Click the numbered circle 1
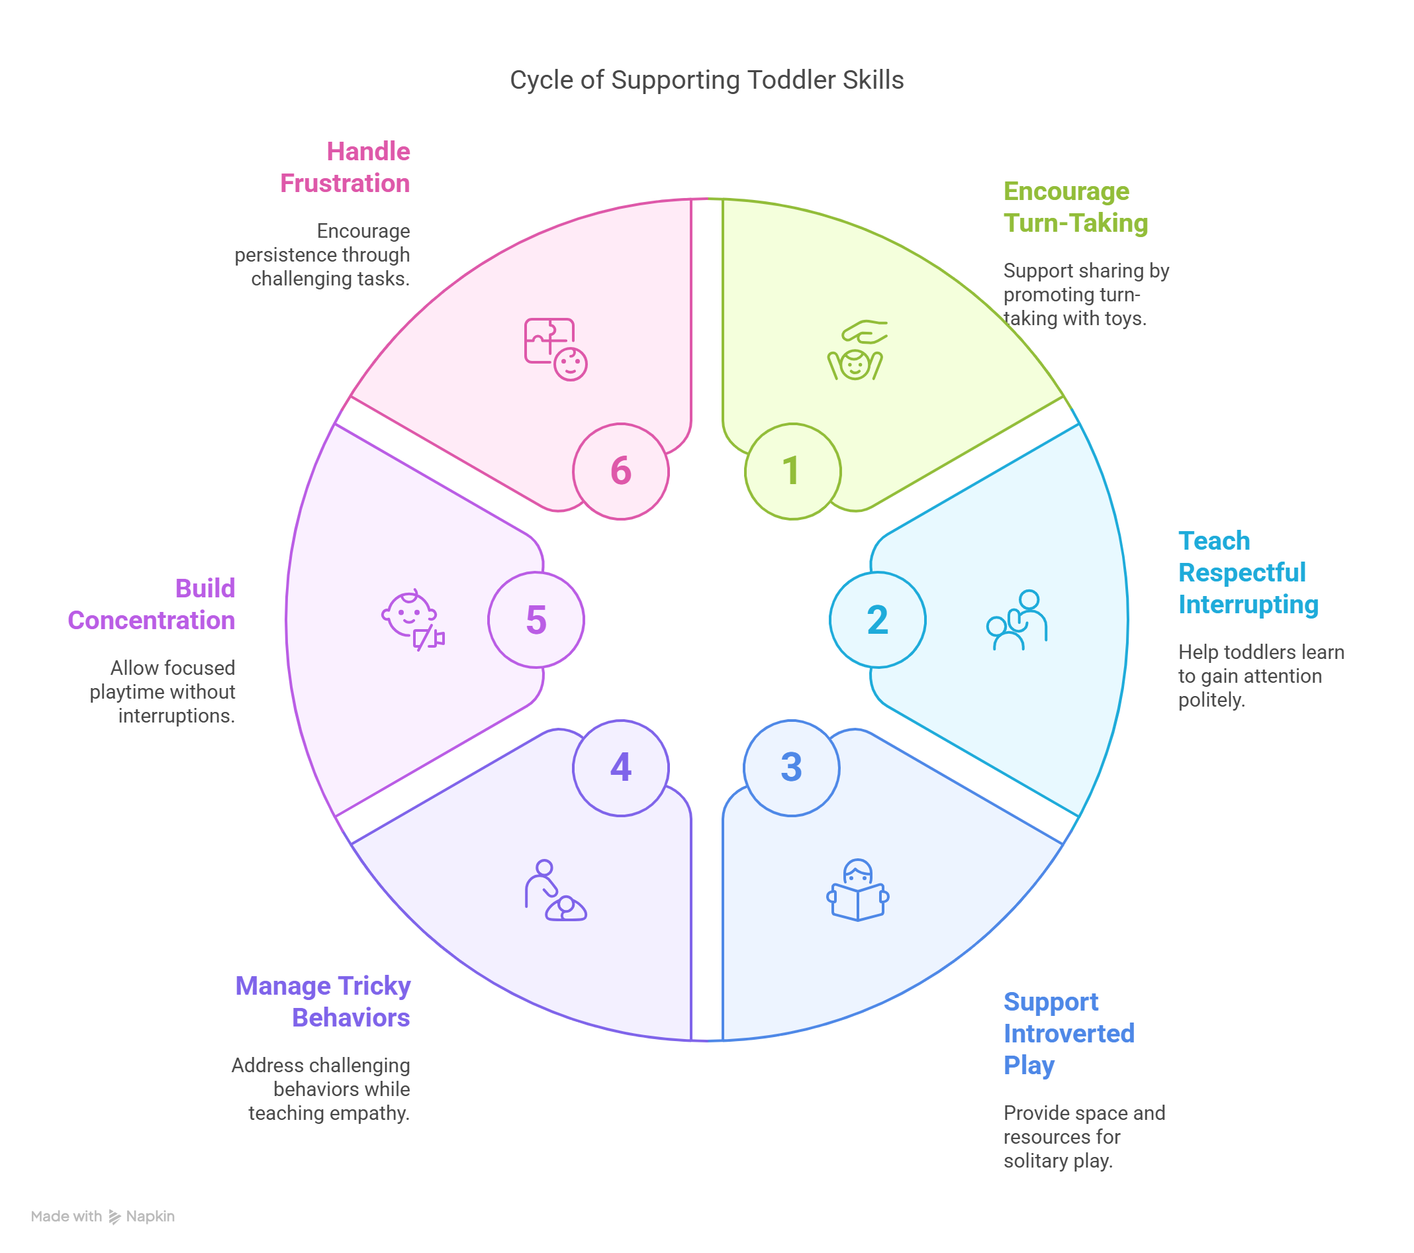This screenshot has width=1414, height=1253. [x=793, y=471]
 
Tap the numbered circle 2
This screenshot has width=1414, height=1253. [x=877, y=620]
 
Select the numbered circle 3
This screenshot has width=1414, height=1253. [x=791, y=768]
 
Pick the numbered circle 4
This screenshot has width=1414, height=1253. [x=620, y=768]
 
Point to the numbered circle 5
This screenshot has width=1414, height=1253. [x=536, y=620]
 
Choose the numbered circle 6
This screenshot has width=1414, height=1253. [x=620, y=471]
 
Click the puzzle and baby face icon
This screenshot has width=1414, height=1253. [x=555, y=350]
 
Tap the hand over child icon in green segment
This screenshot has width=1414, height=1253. [x=857, y=350]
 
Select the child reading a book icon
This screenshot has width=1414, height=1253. [x=858, y=891]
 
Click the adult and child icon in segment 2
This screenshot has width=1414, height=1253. [x=1017, y=620]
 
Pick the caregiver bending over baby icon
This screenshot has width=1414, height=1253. [x=555, y=891]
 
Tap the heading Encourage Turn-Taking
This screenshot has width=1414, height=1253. [x=1075, y=207]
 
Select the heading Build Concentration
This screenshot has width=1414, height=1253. [x=152, y=604]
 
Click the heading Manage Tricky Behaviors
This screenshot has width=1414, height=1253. [x=323, y=1001]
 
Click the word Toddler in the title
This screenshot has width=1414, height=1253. [x=792, y=80]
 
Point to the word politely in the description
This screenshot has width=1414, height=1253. [x=1211, y=700]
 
